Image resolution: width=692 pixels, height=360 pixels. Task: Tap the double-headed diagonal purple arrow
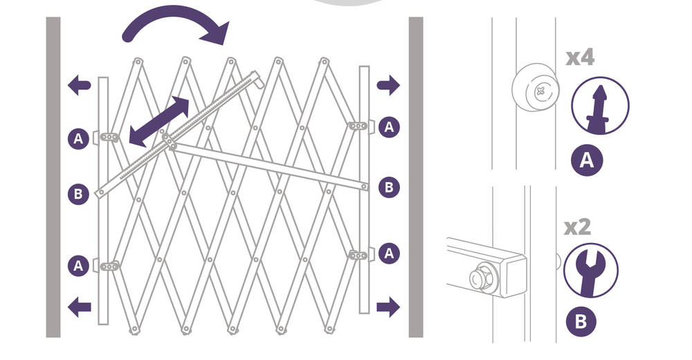[x=159, y=121]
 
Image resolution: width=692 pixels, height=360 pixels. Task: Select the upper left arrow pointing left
[x=80, y=85]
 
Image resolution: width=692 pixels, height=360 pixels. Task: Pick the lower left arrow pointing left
[x=80, y=307]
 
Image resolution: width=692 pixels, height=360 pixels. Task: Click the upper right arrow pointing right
[x=388, y=85]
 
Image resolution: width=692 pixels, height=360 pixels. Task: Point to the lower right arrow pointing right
[x=388, y=307]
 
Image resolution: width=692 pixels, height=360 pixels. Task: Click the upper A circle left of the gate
[x=78, y=138]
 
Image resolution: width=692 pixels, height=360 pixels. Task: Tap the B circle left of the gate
[x=78, y=194]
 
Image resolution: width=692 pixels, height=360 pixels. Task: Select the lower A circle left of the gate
[x=78, y=266]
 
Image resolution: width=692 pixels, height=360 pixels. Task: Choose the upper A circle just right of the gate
[x=389, y=127]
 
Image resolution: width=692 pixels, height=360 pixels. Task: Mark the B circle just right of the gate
[x=389, y=188]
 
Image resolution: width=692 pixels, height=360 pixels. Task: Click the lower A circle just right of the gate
[x=389, y=253]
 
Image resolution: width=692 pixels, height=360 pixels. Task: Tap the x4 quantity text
[x=581, y=58]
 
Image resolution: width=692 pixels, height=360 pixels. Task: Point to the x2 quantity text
[x=578, y=227]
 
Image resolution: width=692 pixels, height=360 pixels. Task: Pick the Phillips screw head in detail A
[x=540, y=92]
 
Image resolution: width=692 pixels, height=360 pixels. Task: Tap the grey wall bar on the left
[x=53, y=177]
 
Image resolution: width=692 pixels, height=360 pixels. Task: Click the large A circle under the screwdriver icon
[x=587, y=160]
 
